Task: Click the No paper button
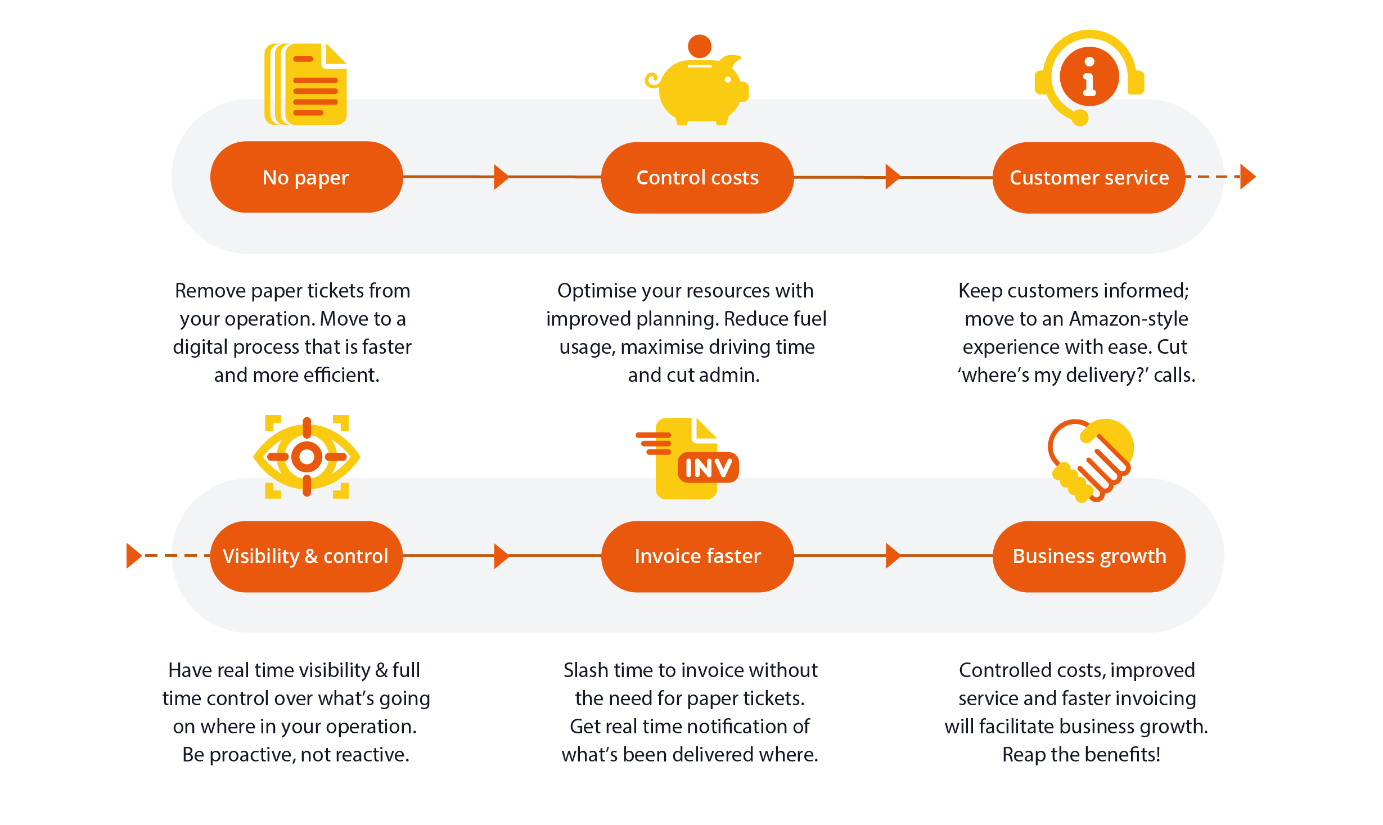tap(306, 177)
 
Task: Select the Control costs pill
tap(697, 178)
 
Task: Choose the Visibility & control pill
tap(306, 556)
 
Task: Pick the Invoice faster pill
tap(697, 556)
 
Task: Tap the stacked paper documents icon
tap(306, 84)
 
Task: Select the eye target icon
tap(307, 457)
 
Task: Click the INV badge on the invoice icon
tap(708, 468)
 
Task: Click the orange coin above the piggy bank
tap(700, 46)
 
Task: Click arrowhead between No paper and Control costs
tap(501, 177)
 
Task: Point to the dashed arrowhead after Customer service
tap(1247, 177)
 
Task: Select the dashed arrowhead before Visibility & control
tap(134, 556)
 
